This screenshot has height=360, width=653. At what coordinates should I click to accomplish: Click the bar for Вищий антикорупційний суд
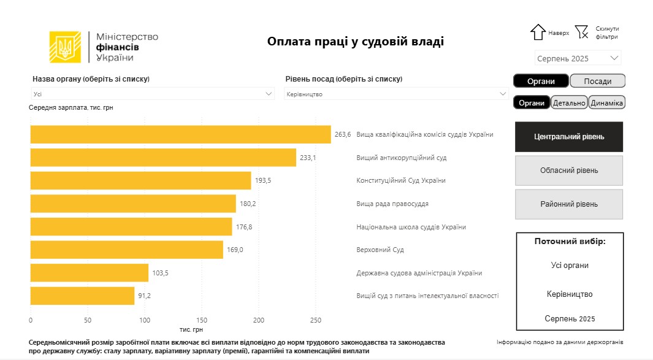[x=163, y=158]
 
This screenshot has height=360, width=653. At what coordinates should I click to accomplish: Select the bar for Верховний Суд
[x=127, y=250]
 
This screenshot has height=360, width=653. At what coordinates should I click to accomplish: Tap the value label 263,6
[x=343, y=135]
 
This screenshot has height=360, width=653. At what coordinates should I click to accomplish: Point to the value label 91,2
[x=144, y=296]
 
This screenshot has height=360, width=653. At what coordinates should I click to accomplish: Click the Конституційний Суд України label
[x=401, y=181]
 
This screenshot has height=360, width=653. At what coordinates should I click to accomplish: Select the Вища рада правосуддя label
[x=392, y=204]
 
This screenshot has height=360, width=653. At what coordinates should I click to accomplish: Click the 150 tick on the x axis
[x=202, y=320]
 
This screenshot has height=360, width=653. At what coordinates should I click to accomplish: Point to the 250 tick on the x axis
[x=315, y=320]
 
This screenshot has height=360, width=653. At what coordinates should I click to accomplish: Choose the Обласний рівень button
[x=569, y=170]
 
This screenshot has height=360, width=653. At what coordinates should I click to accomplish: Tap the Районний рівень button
[x=569, y=204]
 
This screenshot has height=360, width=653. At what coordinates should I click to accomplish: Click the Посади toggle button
[x=597, y=81]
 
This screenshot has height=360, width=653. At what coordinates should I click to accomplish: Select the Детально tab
[x=569, y=103]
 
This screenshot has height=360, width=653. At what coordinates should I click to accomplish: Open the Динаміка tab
[x=606, y=103]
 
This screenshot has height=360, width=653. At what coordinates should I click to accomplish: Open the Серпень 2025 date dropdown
[x=578, y=58]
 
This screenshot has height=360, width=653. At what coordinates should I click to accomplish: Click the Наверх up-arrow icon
[x=538, y=33]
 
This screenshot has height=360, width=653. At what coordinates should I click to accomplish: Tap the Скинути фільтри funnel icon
[x=582, y=32]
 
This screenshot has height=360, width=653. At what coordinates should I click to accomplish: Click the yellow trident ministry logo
[x=65, y=47]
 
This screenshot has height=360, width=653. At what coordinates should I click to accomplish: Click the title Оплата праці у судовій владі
[x=355, y=42]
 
